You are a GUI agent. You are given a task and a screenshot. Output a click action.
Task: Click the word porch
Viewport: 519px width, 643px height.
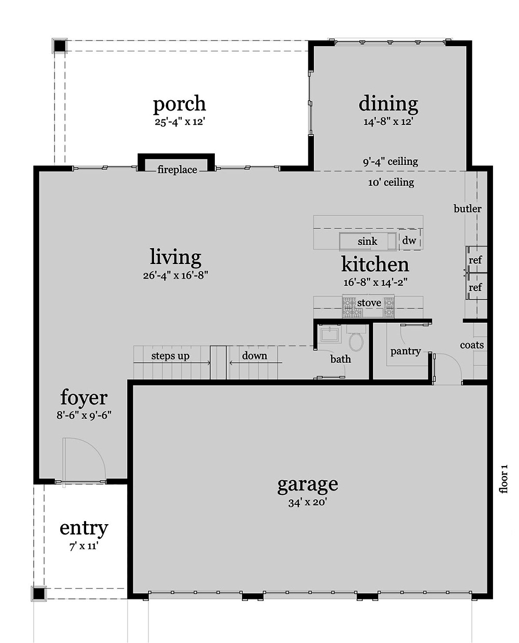tap(179, 104)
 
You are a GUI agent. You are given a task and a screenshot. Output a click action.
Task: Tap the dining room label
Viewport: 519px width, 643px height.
tap(388, 104)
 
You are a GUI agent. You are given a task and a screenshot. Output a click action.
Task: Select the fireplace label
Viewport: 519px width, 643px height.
tap(177, 170)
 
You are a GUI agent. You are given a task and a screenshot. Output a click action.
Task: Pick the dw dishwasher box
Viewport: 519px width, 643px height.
tap(409, 240)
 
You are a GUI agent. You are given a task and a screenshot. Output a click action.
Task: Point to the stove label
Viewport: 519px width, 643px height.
tap(369, 303)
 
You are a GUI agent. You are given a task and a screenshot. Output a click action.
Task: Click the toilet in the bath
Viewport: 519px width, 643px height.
tap(356, 341)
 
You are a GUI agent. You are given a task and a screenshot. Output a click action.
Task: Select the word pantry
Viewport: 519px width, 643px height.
tap(405, 351)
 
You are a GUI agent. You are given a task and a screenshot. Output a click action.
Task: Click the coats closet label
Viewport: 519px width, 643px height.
tap(472, 345)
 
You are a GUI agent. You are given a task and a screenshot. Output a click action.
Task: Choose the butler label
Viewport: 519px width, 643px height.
tap(467, 209)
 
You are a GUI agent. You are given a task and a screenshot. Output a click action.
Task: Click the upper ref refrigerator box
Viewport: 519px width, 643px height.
tap(475, 259)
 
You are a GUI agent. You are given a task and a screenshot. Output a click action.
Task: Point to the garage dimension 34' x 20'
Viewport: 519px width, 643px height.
tap(307, 502)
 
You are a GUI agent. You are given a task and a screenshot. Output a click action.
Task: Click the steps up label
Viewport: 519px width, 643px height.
tap(170, 356)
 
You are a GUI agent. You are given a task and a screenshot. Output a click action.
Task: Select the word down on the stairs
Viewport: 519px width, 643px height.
tap(254, 355)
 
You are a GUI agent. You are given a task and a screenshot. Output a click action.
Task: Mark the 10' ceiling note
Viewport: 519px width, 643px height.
tap(391, 182)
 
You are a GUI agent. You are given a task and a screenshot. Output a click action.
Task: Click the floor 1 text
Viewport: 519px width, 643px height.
tap(503, 478)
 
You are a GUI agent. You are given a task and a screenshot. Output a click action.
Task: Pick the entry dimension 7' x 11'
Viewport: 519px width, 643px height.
tap(84, 546)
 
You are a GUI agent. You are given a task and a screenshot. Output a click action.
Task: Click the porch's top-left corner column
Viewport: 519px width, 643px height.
tap(60, 46)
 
